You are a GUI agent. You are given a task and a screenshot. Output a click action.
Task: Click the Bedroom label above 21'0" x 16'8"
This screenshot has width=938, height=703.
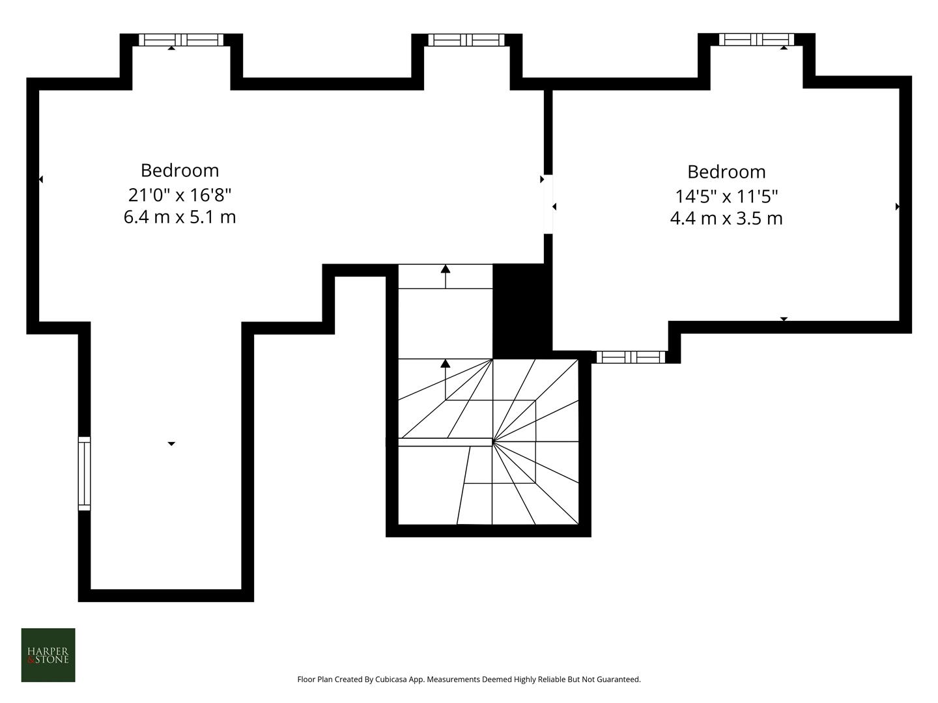coord(180,171)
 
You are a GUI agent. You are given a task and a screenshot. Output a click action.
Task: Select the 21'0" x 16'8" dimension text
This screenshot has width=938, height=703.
coord(180,194)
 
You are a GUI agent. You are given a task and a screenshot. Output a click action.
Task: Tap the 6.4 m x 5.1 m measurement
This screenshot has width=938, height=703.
coord(180,217)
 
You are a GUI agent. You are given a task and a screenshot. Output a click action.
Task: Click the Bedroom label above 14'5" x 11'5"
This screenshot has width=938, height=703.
coord(726,172)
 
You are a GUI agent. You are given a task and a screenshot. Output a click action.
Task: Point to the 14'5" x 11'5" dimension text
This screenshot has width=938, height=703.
coord(726,195)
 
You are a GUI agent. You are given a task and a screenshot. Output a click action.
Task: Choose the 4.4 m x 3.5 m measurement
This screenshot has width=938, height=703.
coord(726,218)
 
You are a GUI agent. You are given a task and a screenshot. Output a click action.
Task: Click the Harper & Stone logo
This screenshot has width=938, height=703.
coord(48,655)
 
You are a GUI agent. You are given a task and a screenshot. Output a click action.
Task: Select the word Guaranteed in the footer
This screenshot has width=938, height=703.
coord(619,680)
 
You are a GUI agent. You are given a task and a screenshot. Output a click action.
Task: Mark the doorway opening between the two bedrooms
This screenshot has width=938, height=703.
coord(548,204)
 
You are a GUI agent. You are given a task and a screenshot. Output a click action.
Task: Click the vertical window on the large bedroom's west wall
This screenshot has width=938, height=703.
coord(84,473)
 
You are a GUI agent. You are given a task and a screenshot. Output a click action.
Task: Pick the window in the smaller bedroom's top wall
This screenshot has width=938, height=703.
coord(756,40)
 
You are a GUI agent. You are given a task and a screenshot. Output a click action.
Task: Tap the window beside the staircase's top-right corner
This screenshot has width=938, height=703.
coord(631,357)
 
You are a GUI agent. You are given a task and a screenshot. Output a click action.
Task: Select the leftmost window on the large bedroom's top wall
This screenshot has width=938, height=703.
coord(181,40)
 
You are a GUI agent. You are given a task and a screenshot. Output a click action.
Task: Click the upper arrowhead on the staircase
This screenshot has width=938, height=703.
coord(446,268)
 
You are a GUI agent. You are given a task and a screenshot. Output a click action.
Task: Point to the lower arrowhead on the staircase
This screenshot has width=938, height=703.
coord(446,363)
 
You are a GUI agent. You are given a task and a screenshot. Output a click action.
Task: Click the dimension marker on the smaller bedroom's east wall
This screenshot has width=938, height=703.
coord(898,206)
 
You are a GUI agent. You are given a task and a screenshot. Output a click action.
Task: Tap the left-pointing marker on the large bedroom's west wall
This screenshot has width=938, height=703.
coord(41,179)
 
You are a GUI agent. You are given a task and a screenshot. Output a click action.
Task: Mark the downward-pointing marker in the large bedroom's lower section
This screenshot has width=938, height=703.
coord(171,444)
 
